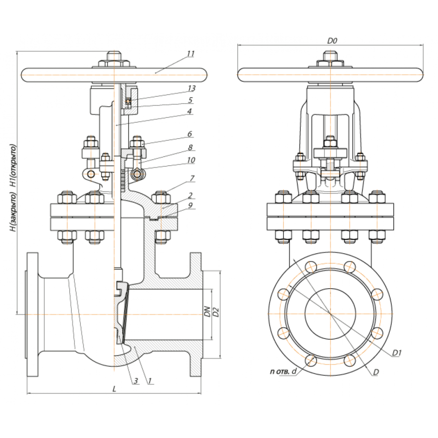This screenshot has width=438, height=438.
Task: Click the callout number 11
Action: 191,53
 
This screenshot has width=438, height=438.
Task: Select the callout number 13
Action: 192,88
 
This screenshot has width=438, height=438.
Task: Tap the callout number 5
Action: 190,100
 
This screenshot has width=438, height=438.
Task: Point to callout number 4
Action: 190,111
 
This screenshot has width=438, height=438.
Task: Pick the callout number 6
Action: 190,134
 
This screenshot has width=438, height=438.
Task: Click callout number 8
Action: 191,147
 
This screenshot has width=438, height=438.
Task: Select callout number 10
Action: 191,160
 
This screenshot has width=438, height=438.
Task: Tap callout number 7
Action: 192,178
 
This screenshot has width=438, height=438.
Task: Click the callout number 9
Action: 190,206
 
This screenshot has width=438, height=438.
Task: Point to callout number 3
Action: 136,381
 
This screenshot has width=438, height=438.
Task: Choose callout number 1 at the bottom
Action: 150,381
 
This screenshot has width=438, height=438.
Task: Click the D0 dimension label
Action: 332,41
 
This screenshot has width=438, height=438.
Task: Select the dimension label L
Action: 114,389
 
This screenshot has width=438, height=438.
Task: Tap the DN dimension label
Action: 207,312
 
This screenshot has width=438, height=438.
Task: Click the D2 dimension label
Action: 215,312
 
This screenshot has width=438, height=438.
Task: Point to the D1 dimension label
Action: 397,353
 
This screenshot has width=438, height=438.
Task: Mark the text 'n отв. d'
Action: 283,371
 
